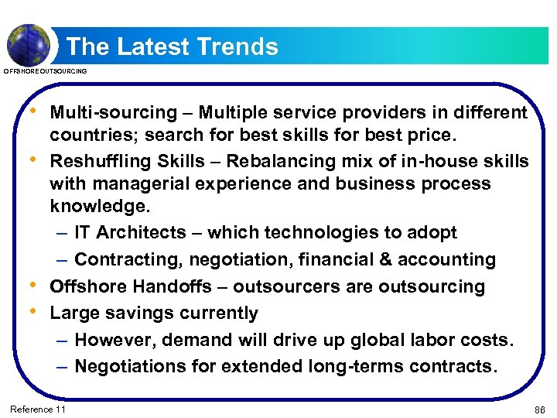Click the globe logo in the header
(29, 43)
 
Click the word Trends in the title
(237, 47)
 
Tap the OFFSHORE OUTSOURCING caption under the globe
(46, 72)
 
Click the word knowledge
(98, 207)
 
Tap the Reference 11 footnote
(37, 409)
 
